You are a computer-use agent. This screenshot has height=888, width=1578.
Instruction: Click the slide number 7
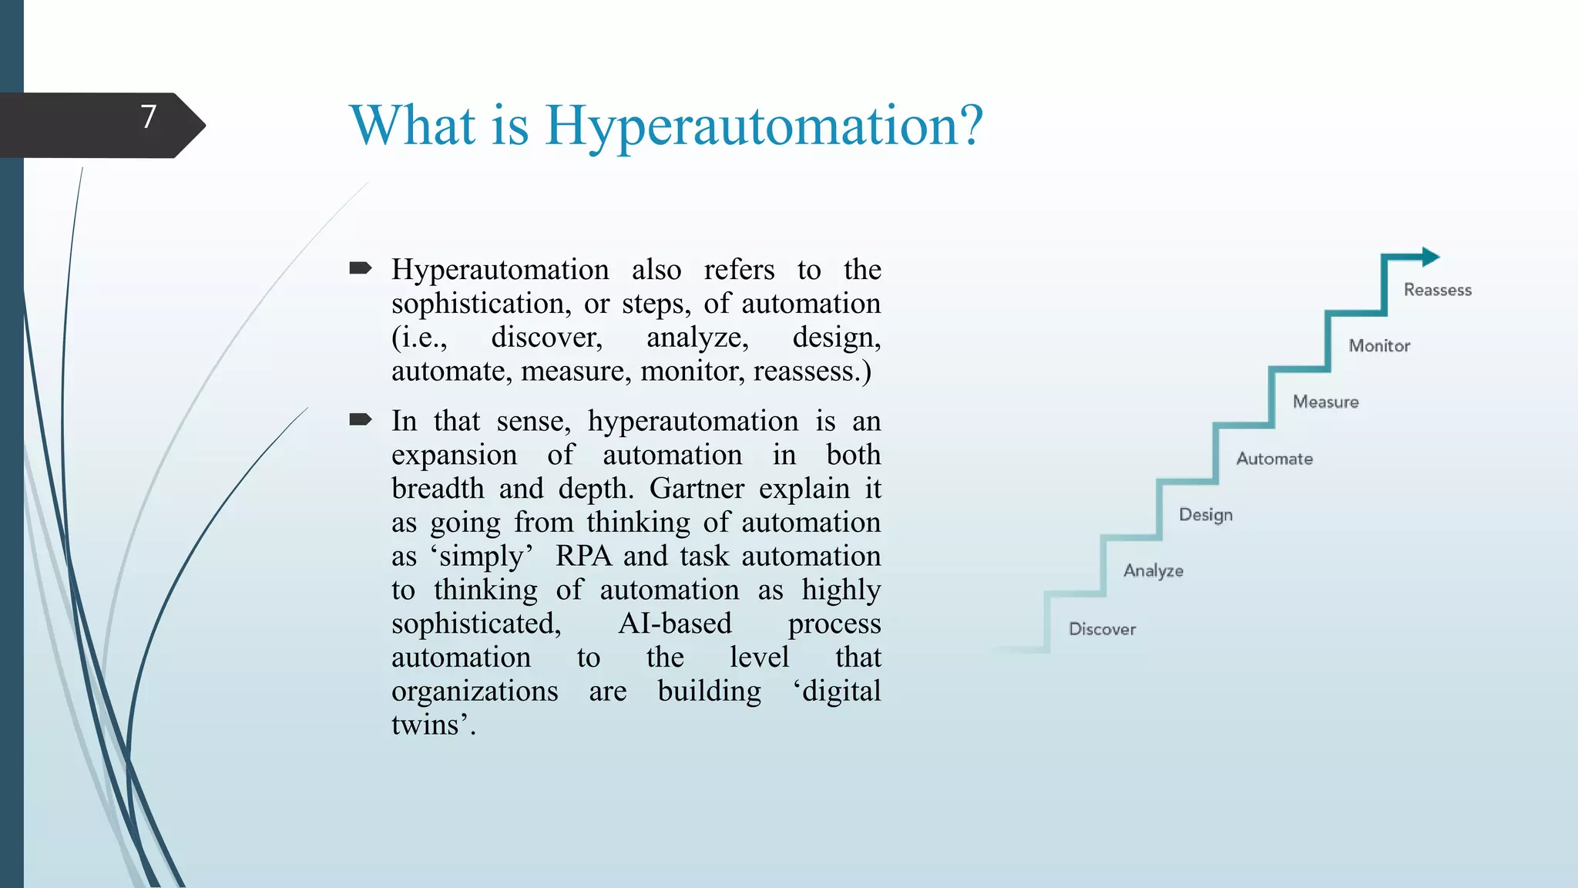coord(149,117)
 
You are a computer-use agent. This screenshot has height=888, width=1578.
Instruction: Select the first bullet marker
coord(360,268)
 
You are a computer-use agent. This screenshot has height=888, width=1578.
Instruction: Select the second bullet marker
coord(360,419)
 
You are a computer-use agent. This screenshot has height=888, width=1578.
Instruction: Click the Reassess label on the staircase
coord(1437,290)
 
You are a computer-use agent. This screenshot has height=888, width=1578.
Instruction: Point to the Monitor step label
coord(1378,346)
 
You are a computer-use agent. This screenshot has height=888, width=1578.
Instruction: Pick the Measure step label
coord(1325,402)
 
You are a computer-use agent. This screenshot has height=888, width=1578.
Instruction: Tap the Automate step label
coord(1274,459)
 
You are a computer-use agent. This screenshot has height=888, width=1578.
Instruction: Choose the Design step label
coord(1205,515)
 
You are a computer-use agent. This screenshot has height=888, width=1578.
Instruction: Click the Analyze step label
coord(1153,571)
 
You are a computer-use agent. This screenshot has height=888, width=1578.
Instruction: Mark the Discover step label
coord(1102,629)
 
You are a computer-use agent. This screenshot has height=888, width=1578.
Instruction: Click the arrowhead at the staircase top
coord(1430,257)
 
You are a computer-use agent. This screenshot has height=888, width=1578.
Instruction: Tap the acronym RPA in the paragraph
coord(583,556)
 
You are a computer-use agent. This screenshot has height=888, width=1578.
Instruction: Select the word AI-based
coord(674,624)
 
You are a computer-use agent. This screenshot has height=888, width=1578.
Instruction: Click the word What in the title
coord(412,126)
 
